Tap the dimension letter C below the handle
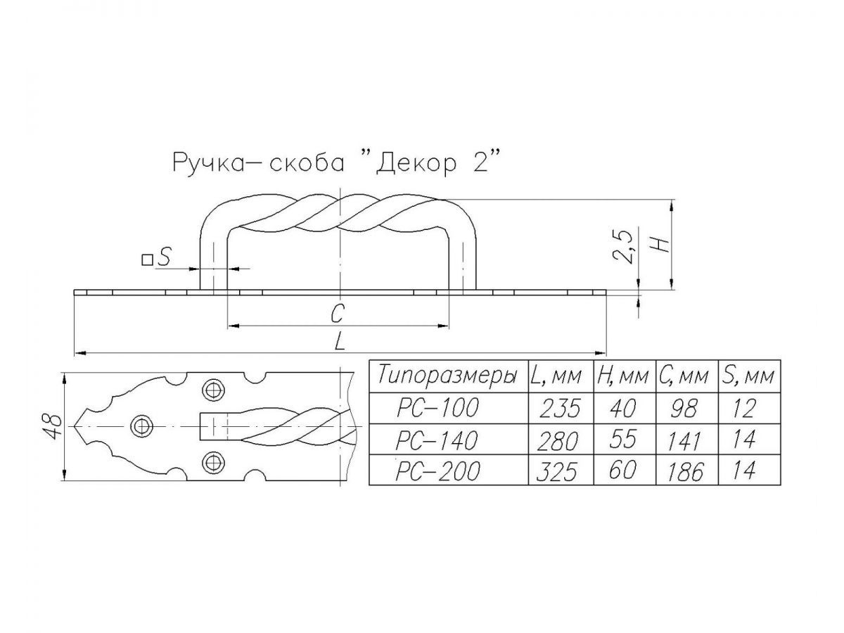click(337, 313)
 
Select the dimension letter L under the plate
click(340, 340)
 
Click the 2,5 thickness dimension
click(623, 247)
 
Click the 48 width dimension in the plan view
click(51, 427)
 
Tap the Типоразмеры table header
click(447, 375)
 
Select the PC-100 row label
click(437, 408)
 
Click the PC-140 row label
click(437, 440)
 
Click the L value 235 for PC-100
click(559, 409)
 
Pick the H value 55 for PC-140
click(623, 440)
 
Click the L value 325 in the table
click(558, 472)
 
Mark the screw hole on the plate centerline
click(142, 427)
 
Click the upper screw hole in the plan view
click(213, 390)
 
